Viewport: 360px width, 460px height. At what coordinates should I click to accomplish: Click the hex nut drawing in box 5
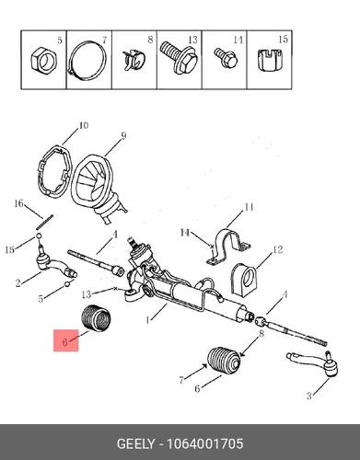(x=44, y=60)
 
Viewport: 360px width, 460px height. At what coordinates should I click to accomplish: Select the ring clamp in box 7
(x=71, y=62)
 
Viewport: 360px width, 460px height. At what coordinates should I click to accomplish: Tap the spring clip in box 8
(x=134, y=59)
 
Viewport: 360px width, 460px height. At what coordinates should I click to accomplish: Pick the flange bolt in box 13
(x=178, y=58)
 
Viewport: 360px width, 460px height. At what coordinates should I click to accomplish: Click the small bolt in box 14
(x=226, y=58)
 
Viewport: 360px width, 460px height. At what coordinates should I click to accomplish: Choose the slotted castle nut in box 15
(x=270, y=60)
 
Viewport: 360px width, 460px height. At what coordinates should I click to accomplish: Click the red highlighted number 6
(x=64, y=342)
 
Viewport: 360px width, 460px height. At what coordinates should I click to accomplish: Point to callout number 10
(x=83, y=125)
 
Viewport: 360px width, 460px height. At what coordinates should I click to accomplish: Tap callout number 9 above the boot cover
(x=123, y=136)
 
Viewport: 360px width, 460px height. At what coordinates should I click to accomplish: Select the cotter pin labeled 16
(x=45, y=222)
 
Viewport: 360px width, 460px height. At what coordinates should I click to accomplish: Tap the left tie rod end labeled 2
(x=55, y=263)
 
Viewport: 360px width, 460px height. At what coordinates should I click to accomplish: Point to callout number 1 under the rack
(x=148, y=320)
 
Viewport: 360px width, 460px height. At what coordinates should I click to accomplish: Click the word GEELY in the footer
(x=136, y=443)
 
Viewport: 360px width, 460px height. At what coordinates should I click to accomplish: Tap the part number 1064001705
(x=204, y=443)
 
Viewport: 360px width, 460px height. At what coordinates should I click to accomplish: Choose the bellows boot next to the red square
(x=96, y=318)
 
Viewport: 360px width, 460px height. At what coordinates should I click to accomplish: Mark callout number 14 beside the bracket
(x=185, y=233)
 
